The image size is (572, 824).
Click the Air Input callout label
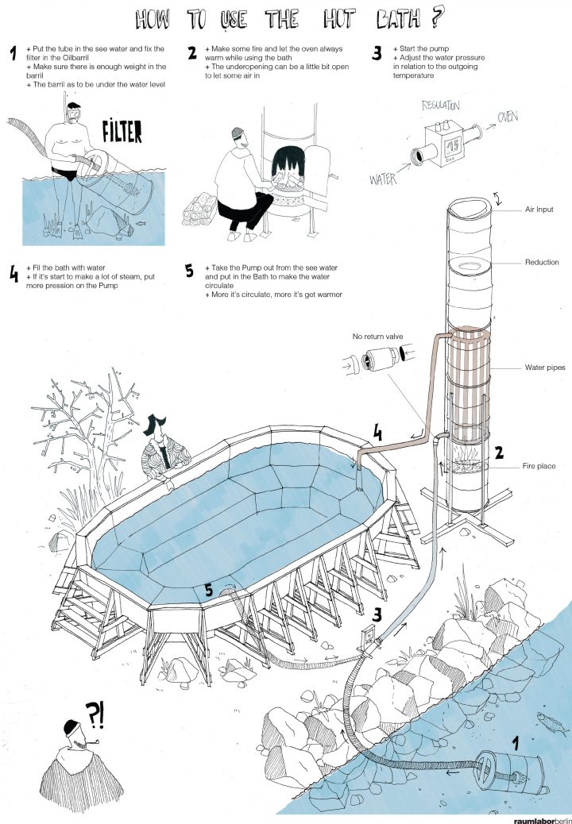pos(540,210)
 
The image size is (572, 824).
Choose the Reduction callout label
pos(541,262)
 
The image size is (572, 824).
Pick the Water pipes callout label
pos(543,368)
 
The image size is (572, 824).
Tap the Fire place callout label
pos(541,466)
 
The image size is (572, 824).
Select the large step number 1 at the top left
pos(14,54)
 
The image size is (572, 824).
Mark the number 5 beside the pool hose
pos(208,590)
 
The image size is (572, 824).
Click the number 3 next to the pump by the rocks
pos(376,613)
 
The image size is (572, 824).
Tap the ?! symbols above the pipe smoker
pos(95,715)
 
